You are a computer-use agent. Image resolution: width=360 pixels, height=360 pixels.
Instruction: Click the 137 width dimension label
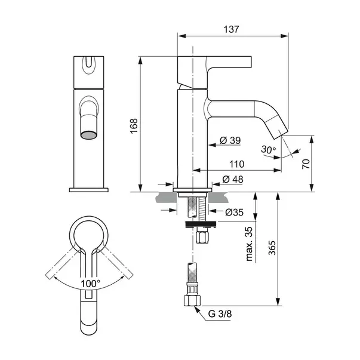point(231,29)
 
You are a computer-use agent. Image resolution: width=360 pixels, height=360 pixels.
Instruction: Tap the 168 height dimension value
point(134,126)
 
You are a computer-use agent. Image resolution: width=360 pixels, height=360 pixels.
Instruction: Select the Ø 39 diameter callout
point(230,140)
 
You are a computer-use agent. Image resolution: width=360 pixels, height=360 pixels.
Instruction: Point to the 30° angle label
point(269,150)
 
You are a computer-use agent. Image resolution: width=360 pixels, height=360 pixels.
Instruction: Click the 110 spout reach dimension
point(236,164)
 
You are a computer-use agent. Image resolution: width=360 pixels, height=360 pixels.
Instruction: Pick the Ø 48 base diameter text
point(233,179)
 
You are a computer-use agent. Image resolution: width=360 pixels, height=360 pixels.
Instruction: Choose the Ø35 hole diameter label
point(234,213)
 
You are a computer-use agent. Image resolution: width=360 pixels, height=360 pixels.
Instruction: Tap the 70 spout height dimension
point(306,164)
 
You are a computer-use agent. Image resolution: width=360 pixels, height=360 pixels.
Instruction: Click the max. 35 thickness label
point(249,244)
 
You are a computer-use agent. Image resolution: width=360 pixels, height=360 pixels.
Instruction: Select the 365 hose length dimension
point(272,248)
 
